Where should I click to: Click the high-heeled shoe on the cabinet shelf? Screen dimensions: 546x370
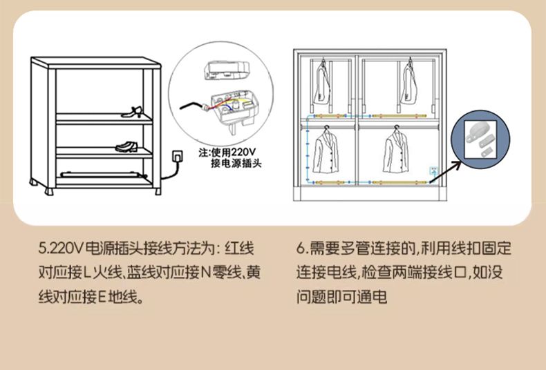tap(132, 112)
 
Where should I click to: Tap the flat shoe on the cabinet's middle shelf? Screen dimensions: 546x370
tap(126, 146)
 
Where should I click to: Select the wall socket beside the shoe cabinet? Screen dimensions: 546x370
tap(178, 157)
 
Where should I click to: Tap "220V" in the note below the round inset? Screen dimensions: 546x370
tap(243, 152)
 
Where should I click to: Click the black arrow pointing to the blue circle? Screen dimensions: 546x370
tap(446, 172)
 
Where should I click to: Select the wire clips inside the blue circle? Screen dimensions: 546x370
tap(480, 140)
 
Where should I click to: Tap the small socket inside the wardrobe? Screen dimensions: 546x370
tap(434, 171)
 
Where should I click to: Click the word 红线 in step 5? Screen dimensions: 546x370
tap(240, 249)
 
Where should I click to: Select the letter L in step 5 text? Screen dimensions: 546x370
tap(87, 273)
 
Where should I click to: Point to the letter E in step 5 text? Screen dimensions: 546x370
tap(102, 297)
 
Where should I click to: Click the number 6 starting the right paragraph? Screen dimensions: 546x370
tap(301, 249)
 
